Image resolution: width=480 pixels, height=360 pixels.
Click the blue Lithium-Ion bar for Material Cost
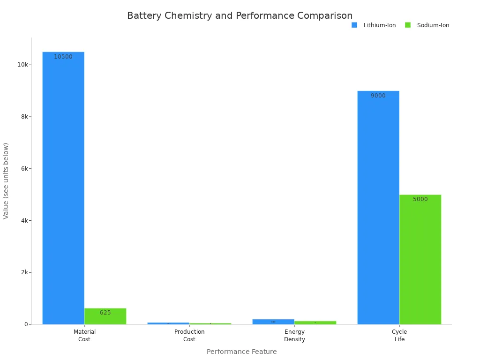(x=63, y=187)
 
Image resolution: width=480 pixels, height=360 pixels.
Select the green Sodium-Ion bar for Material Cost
(x=105, y=317)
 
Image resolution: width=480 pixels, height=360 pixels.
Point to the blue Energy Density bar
(x=273, y=322)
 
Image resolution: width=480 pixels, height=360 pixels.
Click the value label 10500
(x=63, y=57)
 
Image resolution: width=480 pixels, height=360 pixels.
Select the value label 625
(x=105, y=313)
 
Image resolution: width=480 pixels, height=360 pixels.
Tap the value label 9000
(x=378, y=96)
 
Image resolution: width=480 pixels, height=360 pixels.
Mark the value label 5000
(x=420, y=199)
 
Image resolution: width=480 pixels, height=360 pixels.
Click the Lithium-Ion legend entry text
(x=380, y=25)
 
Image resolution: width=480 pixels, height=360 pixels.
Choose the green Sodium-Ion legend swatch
(x=408, y=25)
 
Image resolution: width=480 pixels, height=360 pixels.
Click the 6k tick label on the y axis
(x=24, y=169)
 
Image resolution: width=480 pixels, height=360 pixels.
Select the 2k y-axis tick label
(x=24, y=272)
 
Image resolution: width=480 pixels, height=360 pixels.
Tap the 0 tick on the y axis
(x=26, y=324)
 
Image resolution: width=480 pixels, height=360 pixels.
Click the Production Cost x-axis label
(x=189, y=335)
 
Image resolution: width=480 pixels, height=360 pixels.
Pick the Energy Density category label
(x=294, y=335)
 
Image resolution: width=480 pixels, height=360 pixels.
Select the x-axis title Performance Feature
(x=241, y=352)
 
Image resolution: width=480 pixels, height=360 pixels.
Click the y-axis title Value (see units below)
(x=6, y=180)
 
